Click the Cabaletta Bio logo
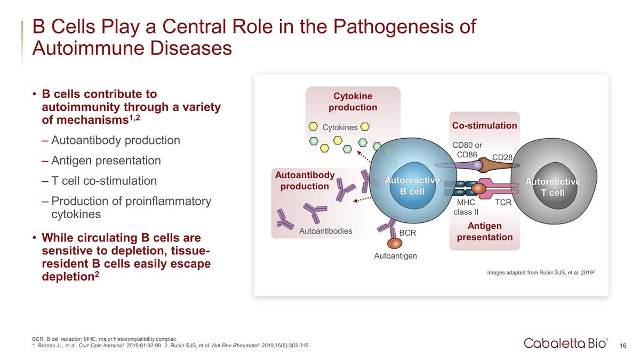[565, 343]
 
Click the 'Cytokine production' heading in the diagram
[353, 102]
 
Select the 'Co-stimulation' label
[484, 126]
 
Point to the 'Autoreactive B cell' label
[412, 186]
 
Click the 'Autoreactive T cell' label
[553, 187]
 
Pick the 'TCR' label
[503, 203]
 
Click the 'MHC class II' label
[466, 207]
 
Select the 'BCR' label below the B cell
[407, 233]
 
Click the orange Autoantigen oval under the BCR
[395, 243]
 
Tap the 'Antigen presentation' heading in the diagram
[484, 231]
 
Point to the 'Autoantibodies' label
[325, 231]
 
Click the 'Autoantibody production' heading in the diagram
[305, 181]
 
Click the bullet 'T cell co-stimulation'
[104, 181]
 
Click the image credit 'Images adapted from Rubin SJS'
[541, 273]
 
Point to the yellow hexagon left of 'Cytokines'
[314, 127]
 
